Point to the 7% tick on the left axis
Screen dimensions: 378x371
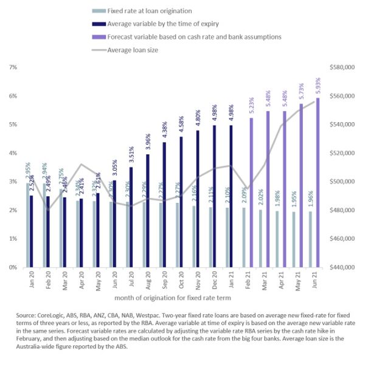(x=12, y=67)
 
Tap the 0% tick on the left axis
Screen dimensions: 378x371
(x=12, y=267)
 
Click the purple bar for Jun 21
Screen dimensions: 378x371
(x=317, y=182)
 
